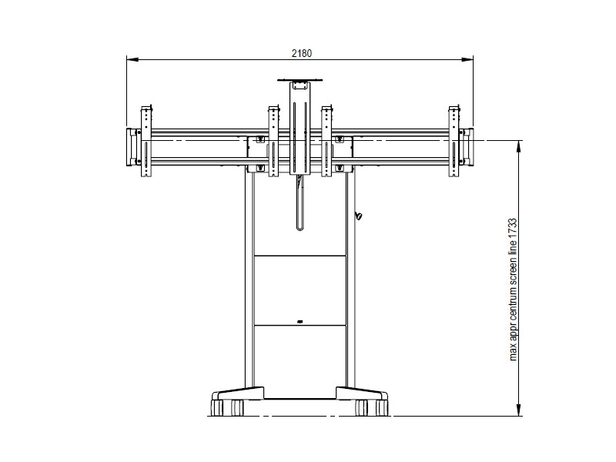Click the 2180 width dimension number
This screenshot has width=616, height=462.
[x=301, y=53]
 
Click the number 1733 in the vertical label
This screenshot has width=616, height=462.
[x=512, y=228]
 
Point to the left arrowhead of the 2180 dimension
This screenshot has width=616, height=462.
[x=132, y=60]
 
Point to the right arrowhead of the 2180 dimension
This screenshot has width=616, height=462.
[x=467, y=60]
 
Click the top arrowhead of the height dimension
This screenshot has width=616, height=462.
[x=519, y=146]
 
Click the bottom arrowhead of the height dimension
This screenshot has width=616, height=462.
[x=519, y=410]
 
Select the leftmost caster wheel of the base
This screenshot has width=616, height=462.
[x=217, y=408]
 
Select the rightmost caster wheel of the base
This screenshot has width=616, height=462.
[x=382, y=408]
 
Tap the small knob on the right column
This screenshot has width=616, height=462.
[x=359, y=216]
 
